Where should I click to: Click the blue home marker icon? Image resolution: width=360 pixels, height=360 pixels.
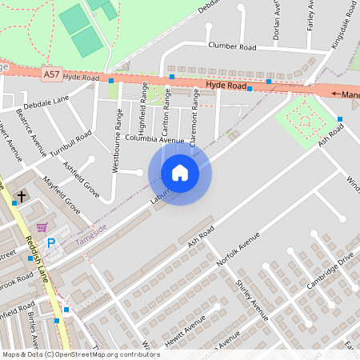point(180,173)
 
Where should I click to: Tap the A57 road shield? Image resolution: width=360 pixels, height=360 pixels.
point(51,74)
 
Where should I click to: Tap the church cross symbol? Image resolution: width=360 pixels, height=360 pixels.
point(22,195)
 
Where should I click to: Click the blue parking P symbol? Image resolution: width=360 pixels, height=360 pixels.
point(51,243)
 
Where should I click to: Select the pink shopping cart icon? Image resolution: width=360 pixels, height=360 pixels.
point(42,227)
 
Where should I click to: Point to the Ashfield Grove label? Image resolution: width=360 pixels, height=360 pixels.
point(82,180)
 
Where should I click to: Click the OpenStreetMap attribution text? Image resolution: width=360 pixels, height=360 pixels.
point(80,354)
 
